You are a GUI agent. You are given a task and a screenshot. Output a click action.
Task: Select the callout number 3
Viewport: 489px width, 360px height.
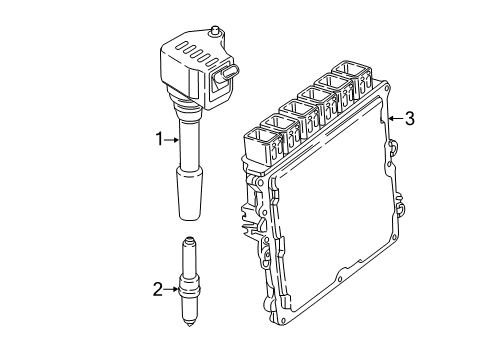(409, 119)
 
